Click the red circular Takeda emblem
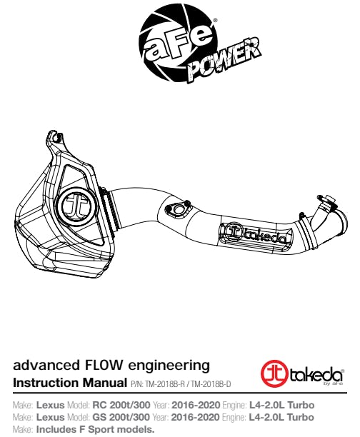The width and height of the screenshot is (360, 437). point(274,374)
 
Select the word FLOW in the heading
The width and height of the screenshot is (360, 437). point(102,365)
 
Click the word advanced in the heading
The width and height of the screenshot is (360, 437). point(46,365)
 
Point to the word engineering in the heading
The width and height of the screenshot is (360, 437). point(169,366)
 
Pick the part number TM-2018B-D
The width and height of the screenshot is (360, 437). point(211,384)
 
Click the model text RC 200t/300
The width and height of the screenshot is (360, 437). point(121,405)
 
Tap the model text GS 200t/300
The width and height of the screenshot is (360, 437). point(121,417)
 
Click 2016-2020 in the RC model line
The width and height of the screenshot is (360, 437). point(196,405)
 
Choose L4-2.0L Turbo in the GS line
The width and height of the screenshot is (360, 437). point(281,417)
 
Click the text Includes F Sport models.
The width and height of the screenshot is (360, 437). point(96,429)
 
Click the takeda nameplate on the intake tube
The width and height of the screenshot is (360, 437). point(256,236)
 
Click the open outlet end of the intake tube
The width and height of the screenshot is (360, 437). point(342,223)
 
